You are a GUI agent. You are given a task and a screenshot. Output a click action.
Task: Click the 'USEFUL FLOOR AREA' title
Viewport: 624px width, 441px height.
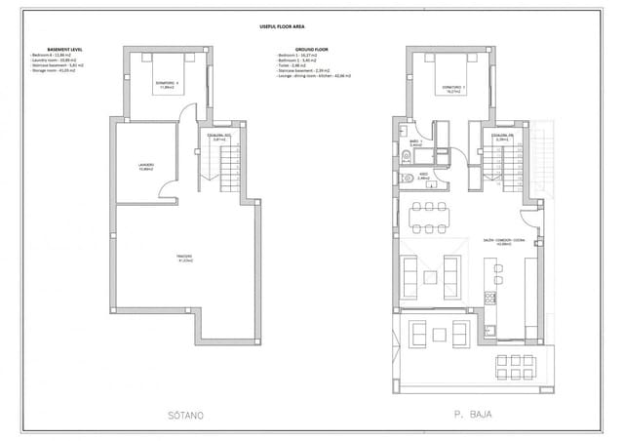click(x=311, y=29)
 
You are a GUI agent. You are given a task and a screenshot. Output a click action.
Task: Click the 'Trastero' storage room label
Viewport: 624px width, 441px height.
click(x=183, y=258)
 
